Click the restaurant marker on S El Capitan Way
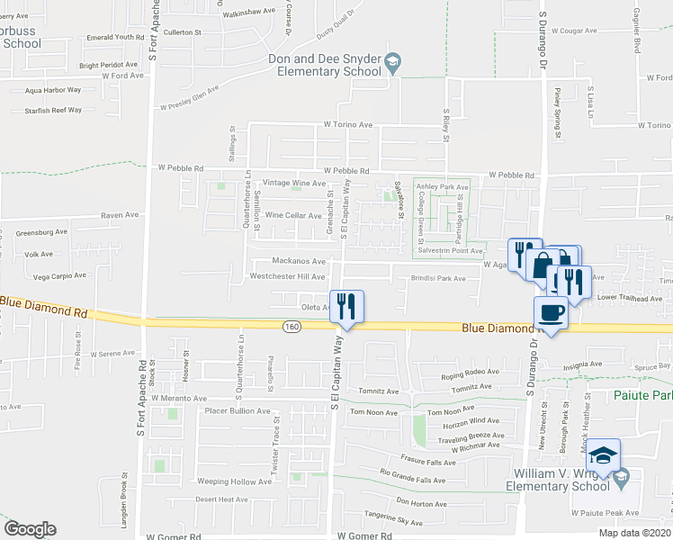click(x=346, y=306)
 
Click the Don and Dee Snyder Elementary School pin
click(x=392, y=62)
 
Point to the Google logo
click(x=30, y=529)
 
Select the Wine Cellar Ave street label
click(x=292, y=216)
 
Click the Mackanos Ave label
click(x=298, y=261)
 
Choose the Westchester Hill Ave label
click(x=286, y=277)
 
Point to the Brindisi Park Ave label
click(x=439, y=279)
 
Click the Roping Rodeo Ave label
click(x=468, y=373)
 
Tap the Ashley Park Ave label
click(x=443, y=186)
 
